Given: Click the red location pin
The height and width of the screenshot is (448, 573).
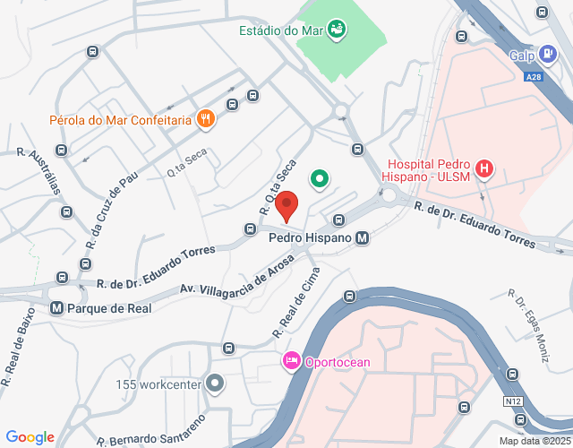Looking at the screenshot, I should point(286,205).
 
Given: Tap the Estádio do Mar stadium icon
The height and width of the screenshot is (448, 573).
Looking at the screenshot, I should point(338,30).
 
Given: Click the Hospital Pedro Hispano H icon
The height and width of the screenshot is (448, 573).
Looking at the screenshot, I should point(484,168).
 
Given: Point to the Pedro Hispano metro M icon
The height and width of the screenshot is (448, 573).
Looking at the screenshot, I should point(362,238).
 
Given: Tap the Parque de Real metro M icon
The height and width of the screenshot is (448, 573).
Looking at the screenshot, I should point(56,307).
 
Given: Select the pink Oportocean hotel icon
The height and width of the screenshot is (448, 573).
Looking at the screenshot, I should point(291,361).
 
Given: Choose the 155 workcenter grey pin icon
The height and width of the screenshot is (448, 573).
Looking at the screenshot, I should point(214,384).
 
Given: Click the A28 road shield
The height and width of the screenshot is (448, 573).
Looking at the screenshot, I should point(534,78).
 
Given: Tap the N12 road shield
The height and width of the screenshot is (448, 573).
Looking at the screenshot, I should point(513,401).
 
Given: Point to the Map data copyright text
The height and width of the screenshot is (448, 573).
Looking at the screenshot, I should point(534,441).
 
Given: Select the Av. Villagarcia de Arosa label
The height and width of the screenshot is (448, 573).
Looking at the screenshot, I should point(236,278).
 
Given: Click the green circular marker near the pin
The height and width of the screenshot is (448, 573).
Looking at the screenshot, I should point(319,179).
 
